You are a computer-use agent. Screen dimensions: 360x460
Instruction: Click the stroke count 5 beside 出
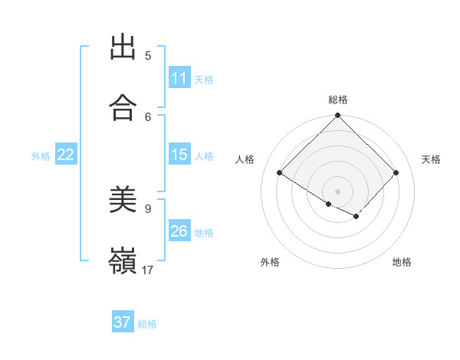coord(148,55)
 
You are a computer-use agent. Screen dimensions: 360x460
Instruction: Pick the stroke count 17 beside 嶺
coord(148,270)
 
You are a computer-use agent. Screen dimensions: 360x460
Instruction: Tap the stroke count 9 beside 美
coord(148,208)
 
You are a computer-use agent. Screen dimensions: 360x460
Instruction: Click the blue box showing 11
coord(179,78)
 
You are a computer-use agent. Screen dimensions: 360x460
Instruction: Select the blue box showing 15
coord(179,155)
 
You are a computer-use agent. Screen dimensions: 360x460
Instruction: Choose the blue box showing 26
coord(179,231)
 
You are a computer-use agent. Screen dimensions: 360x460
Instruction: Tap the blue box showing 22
coord(65,155)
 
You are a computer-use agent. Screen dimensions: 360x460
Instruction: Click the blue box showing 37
coord(123,322)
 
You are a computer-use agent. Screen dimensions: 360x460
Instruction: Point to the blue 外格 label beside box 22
coord(41,155)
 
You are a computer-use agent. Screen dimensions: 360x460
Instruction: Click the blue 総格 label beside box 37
coord(147,324)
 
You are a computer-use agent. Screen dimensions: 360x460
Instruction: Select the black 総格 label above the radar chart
coord(338,100)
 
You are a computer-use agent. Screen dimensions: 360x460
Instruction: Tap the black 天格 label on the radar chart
coord(431,159)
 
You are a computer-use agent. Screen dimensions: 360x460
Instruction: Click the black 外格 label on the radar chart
coord(270,262)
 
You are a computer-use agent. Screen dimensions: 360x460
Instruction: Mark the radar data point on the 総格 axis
coord(338,116)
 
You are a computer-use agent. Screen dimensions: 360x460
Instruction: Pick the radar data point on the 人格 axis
coord(280,172)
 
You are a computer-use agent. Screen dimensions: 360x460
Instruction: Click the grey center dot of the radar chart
coord(338,191)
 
